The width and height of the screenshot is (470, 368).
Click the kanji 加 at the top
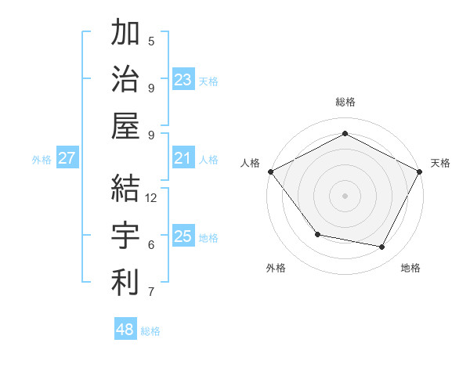tap(125, 34)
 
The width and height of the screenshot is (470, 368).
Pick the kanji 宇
tap(125, 235)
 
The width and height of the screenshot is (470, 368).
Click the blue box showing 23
tap(183, 80)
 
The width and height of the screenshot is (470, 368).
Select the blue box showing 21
tap(183, 159)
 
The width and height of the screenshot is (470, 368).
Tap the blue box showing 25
tap(183, 236)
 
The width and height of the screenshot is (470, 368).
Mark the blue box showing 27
tap(67, 159)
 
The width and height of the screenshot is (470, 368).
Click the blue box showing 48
tap(125, 330)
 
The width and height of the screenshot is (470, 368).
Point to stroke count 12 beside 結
tap(152, 198)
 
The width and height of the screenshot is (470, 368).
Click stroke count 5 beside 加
tap(151, 41)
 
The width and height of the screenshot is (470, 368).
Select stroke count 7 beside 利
tap(151, 293)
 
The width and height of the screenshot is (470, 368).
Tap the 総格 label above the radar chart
tap(345, 102)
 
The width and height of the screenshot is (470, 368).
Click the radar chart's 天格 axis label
tap(441, 163)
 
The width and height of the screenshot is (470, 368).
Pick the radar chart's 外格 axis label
tap(276, 268)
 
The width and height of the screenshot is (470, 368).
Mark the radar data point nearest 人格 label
tap(270, 171)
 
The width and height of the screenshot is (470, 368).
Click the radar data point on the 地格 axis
tap(382, 247)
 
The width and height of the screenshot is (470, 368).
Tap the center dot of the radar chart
tap(345, 195)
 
